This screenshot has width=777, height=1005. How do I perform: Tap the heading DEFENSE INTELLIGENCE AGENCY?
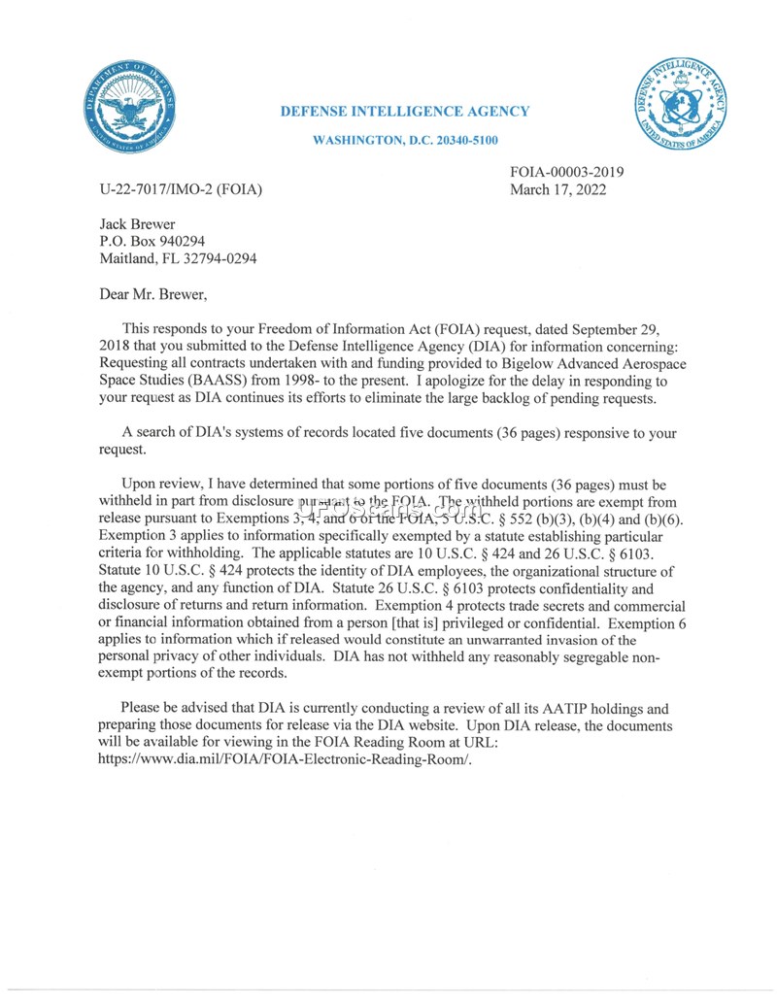tap(405, 112)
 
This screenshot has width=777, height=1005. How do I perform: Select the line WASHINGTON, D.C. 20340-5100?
tap(405, 141)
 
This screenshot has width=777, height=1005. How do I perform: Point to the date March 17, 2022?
tap(558, 189)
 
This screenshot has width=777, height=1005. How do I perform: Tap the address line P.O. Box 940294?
tap(152, 241)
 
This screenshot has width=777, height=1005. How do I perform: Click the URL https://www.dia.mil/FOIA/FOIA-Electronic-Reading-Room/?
tap(285, 759)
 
